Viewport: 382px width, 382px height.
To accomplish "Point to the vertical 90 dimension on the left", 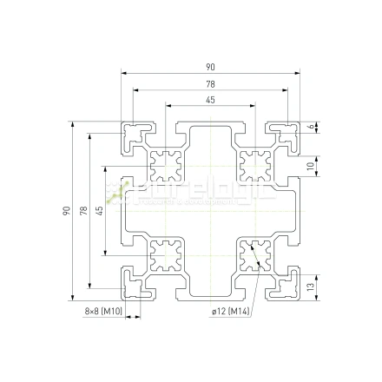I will pyautogui.click(x=67, y=211).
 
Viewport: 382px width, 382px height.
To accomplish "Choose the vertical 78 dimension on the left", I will pyautogui.click(x=83, y=211).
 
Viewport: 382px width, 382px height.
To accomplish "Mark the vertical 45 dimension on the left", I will pyautogui.click(x=99, y=211).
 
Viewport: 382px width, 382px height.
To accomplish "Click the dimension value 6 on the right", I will pyautogui.click(x=312, y=127).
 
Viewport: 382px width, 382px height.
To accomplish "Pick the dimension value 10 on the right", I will pyautogui.click(x=312, y=166).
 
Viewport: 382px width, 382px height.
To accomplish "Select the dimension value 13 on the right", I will pyautogui.click(x=312, y=284).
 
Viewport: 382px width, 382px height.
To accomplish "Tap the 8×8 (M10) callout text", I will pyautogui.click(x=104, y=311).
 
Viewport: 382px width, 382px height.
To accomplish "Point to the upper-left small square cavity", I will pyautogui.click(x=165, y=163).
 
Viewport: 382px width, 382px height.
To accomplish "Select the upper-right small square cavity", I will pyautogui.click(x=255, y=163).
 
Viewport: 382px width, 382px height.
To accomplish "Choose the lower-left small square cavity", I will pyautogui.click(x=165, y=255).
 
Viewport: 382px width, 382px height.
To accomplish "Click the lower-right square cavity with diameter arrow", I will pyautogui.click(x=255, y=255).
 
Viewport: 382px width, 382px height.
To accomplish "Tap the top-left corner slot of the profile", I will pyautogui.click(x=137, y=133).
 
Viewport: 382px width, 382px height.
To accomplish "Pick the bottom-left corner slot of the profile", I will pyautogui.click(x=137, y=281).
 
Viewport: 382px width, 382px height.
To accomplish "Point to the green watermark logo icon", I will pyautogui.click(x=122, y=187).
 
